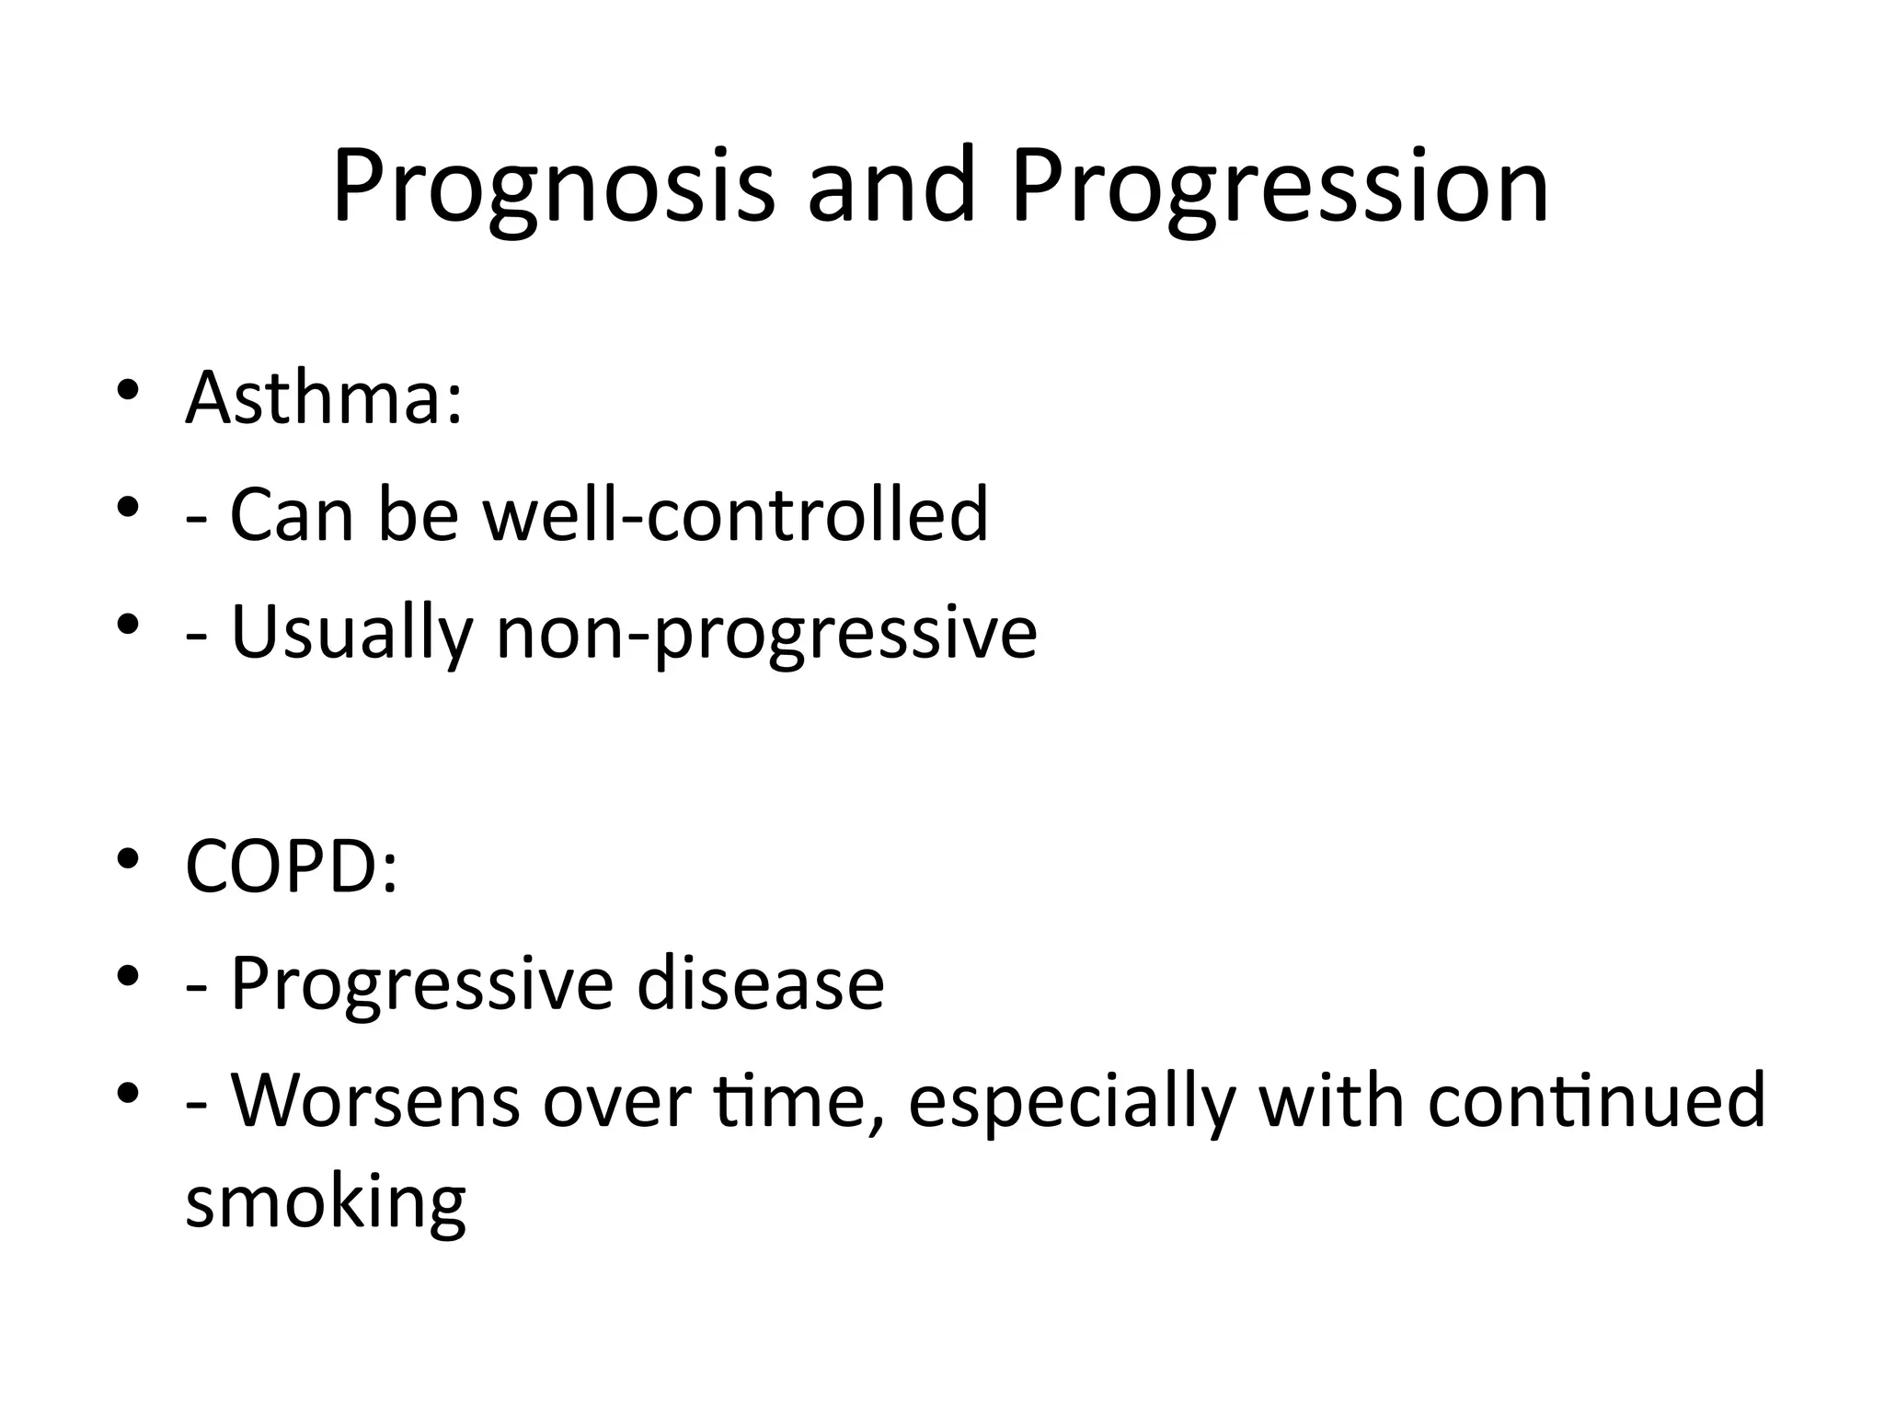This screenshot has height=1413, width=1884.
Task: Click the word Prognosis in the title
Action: tap(553, 189)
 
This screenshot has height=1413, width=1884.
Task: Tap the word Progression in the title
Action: tap(1280, 189)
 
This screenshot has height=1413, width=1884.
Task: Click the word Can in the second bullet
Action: tap(291, 515)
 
